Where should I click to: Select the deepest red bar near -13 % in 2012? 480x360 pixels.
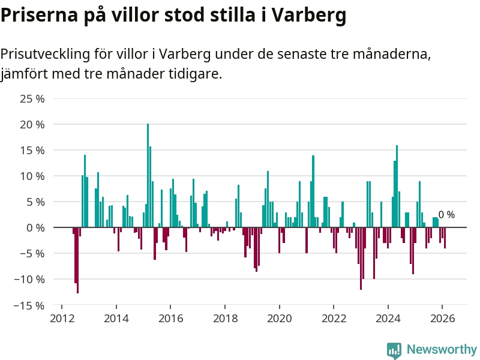(x=78, y=260)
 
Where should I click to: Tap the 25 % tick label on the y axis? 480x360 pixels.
(x=32, y=98)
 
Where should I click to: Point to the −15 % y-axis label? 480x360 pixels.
(x=30, y=305)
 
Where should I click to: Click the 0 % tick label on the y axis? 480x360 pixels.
(x=35, y=227)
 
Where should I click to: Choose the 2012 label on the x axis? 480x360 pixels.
(x=62, y=318)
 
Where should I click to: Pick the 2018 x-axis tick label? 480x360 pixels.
(x=225, y=318)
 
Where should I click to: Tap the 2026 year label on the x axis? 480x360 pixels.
(x=442, y=318)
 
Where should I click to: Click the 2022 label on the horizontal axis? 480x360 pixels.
(x=334, y=318)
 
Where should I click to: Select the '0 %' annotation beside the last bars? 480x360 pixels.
(x=446, y=215)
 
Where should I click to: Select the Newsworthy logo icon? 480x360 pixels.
(x=394, y=350)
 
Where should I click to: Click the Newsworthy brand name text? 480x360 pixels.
(x=442, y=350)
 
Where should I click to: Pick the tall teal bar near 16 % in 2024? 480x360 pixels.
(x=397, y=186)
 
